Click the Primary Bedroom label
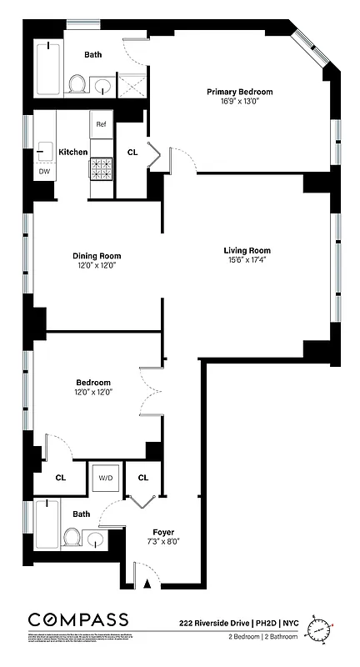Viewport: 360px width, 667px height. tap(240, 92)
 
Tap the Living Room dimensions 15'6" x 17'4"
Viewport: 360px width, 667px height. tap(247, 259)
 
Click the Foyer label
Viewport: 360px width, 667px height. tap(162, 532)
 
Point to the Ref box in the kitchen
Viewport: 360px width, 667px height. tap(101, 124)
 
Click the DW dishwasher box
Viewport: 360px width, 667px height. tap(44, 172)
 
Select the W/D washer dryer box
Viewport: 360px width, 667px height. tap(107, 479)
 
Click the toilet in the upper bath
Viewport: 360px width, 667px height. tap(77, 83)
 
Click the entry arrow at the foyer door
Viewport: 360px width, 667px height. tap(148, 584)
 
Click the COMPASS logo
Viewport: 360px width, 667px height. tap(78, 619)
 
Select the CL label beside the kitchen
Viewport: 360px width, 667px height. tap(132, 153)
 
